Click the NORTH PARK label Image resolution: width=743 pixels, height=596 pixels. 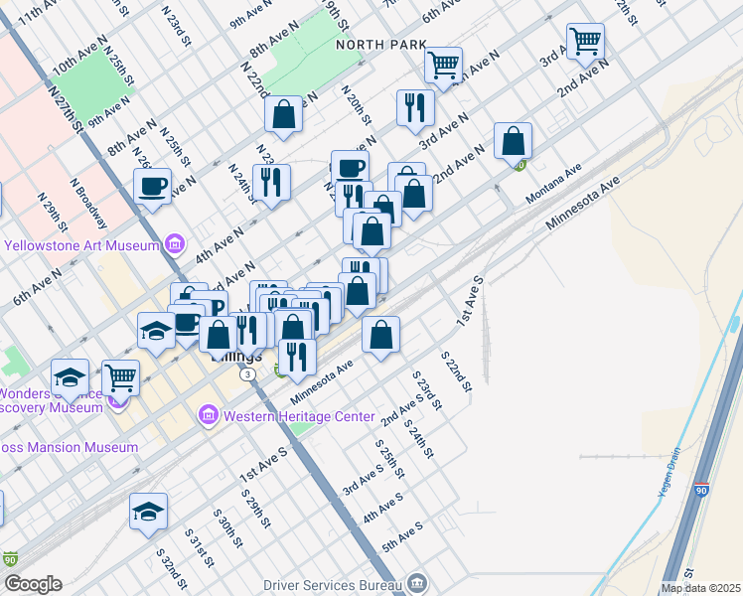[381, 45]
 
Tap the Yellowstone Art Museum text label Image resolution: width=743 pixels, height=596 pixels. [82, 245]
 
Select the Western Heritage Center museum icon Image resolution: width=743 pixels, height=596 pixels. [208, 414]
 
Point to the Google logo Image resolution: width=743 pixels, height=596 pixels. [32, 584]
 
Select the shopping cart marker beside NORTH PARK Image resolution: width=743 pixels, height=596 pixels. [443, 65]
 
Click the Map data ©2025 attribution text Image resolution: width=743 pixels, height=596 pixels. [700, 588]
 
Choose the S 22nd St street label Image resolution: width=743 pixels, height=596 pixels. [456, 370]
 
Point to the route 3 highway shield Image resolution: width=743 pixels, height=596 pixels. [246, 373]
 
